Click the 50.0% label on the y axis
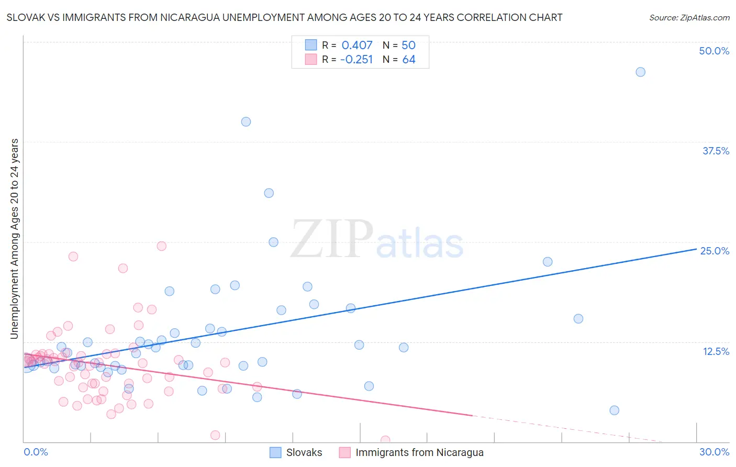click(714, 51)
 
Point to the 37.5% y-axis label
click(716, 151)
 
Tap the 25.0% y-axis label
click(715, 251)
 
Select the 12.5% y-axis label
click(716, 351)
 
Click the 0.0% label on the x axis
click(36, 452)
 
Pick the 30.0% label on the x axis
click(714, 452)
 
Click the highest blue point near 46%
click(640, 72)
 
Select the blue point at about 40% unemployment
click(246, 121)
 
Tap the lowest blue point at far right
click(615, 410)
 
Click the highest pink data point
click(162, 246)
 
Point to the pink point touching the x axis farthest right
click(385, 440)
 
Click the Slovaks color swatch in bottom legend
click(275, 452)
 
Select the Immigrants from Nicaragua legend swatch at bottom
click(344, 452)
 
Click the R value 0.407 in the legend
click(357, 46)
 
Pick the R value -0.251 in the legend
click(356, 60)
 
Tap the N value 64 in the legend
click(409, 60)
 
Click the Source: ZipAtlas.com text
click(689, 18)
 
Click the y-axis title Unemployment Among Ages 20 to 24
click(15, 239)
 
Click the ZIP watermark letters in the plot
click(332, 240)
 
